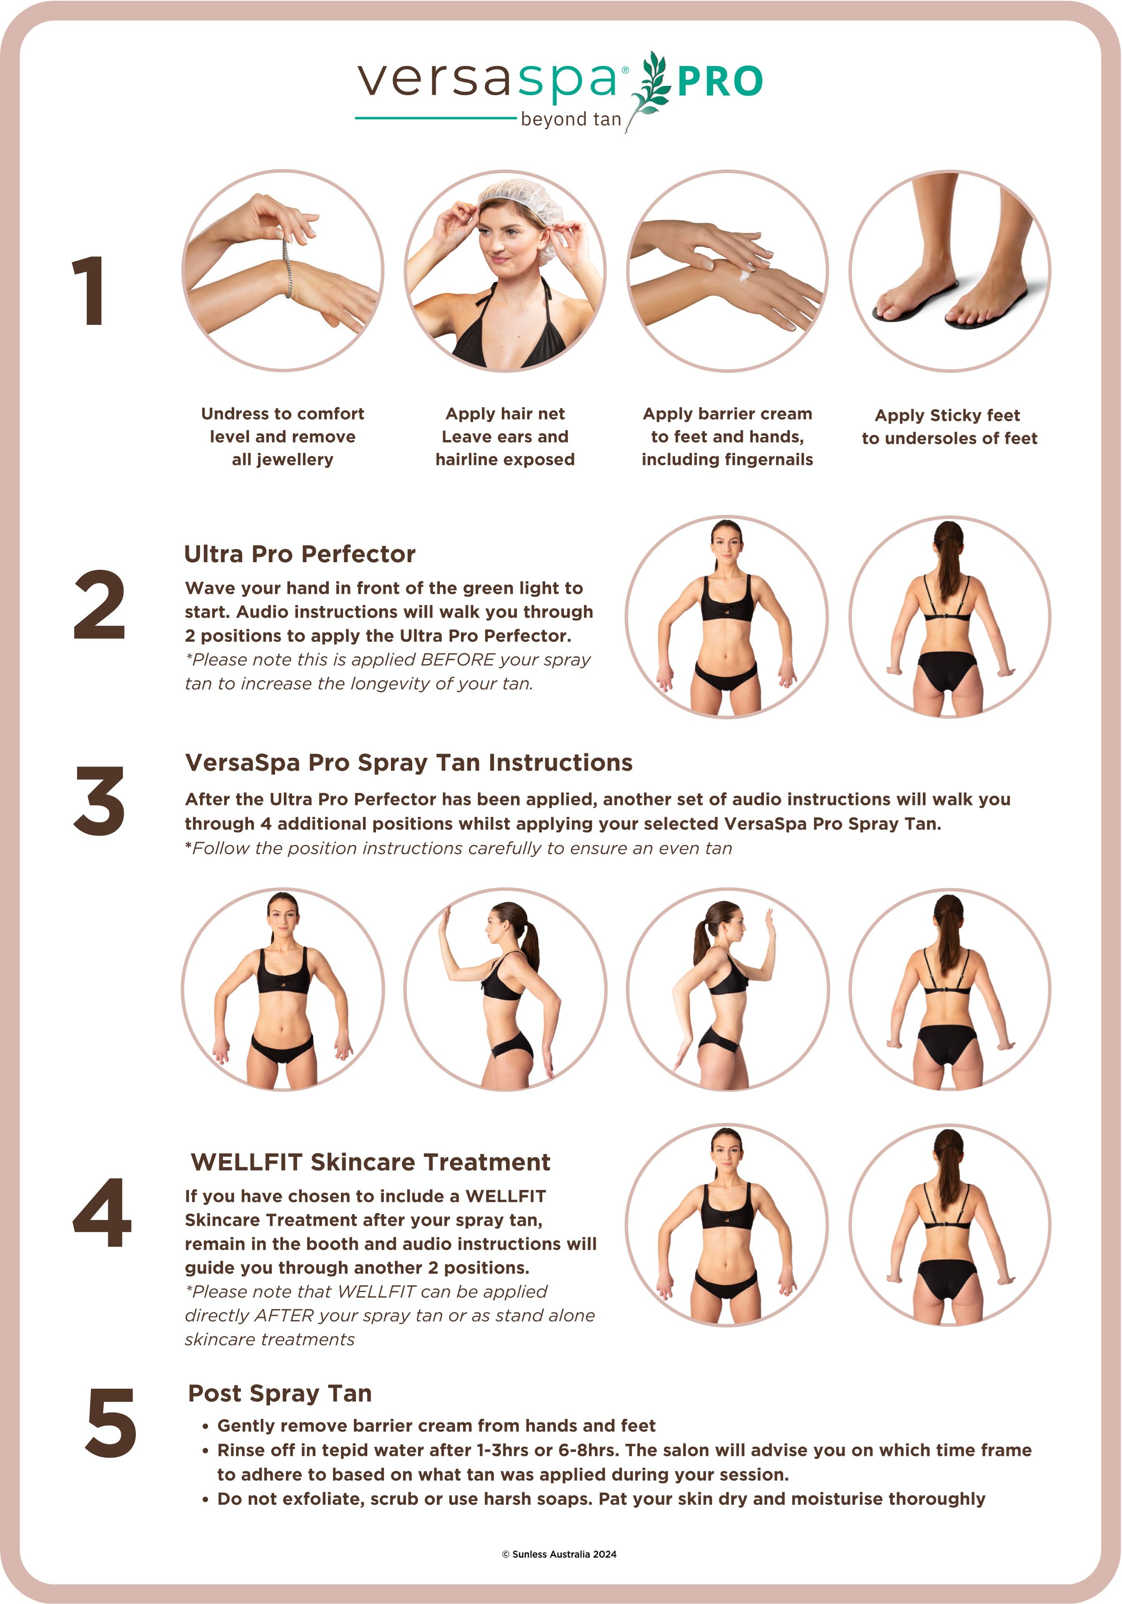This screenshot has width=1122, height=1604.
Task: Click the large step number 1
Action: click(89, 291)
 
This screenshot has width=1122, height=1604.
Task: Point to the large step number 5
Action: click(110, 1422)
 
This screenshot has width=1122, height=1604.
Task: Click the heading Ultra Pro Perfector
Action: click(300, 554)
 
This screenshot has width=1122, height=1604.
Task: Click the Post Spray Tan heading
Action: click(280, 1394)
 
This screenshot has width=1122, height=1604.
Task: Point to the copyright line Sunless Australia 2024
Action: click(559, 1554)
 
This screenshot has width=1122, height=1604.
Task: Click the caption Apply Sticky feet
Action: click(947, 416)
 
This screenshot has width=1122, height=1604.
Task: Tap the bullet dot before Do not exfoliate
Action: click(205, 1500)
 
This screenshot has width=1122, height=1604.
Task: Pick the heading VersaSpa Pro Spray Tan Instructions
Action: click(408, 763)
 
